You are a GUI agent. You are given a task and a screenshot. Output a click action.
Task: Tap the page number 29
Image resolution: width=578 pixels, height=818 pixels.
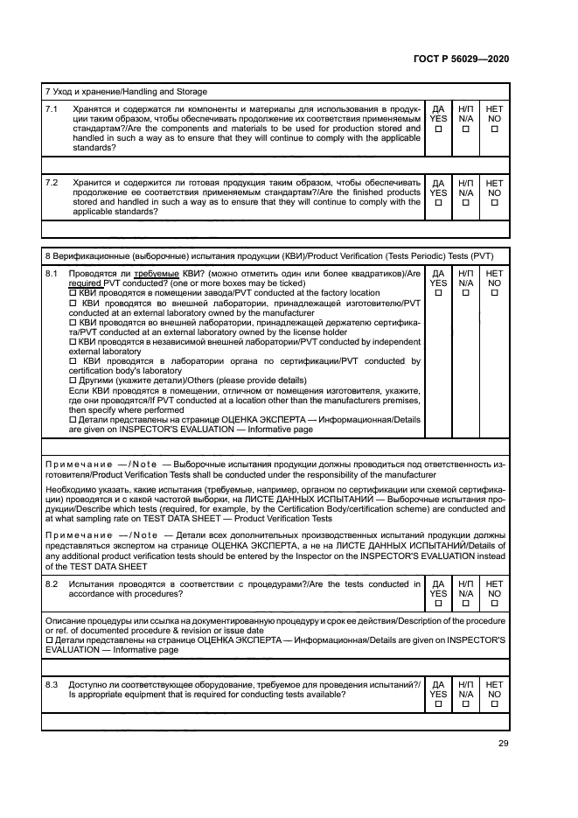(x=503, y=744)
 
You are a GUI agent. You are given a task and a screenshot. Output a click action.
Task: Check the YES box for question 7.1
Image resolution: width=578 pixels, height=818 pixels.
(x=438, y=129)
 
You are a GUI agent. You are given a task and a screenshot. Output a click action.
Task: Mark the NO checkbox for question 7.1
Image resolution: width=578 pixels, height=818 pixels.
(x=495, y=129)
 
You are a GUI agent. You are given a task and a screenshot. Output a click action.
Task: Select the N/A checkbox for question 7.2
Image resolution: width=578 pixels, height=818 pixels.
(x=466, y=203)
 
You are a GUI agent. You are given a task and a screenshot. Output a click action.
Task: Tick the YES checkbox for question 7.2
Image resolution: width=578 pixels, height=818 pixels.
(x=438, y=203)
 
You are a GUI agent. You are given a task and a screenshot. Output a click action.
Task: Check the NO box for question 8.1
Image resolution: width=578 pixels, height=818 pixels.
(x=495, y=293)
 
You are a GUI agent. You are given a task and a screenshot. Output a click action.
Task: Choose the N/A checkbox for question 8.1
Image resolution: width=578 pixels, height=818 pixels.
(x=466, y=293)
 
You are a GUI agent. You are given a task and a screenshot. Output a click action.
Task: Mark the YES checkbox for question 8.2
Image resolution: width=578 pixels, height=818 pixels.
(x=438, y=603)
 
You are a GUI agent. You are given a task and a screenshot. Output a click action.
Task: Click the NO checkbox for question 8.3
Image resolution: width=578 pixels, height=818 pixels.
(x=495, y=704)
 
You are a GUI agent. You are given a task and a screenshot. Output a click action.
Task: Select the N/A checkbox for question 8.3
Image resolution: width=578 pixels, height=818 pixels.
(x=466, y=704)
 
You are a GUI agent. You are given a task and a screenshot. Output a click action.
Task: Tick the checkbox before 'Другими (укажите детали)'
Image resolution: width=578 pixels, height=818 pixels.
(x=73, y=380)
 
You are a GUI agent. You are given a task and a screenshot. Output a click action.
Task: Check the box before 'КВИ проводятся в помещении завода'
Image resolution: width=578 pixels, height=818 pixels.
(x=73, y=293)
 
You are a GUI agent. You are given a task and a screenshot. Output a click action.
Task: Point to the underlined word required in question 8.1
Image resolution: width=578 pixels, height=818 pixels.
(x=85, y=283)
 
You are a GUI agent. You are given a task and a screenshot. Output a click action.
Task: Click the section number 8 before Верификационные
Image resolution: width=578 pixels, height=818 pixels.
(x=46, y=255)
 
